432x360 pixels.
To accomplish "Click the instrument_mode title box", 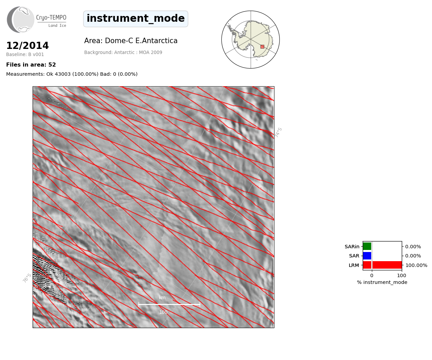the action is click(x=136, y=19).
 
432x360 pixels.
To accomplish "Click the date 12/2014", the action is click(x=28, y=46).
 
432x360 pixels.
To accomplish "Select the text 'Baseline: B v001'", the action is click(x=25, y=54).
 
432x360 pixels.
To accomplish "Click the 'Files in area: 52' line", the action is click(x=31, y=65).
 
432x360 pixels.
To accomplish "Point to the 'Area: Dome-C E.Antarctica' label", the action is click(x=131, y=41).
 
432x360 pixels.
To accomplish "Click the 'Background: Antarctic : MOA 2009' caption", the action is click(x=123, y=53).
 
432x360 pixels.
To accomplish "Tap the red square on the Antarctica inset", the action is click(x=262, y=47).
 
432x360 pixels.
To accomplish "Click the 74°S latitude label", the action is click(x=278, y=132).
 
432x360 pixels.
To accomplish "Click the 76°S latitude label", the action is click(x=27, y=278).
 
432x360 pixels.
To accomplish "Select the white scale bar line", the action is click(x=169, y=304).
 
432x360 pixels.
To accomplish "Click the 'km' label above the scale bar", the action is click(x=162, y=298).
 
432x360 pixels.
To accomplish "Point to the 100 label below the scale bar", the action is click(x=163, y=312).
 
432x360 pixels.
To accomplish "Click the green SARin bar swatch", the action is click(x=367, y=247).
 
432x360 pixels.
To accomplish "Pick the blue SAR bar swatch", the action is click(x=367, y=256).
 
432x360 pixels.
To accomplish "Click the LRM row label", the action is click(x=354, y=265).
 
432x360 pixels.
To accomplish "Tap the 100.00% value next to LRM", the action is click(x=416, y=265).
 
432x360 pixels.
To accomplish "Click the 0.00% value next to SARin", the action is click(x=413, y=247).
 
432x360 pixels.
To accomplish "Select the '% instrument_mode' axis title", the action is click(x=382, y=283).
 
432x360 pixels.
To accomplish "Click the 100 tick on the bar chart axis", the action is click(x=401, y=275).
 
